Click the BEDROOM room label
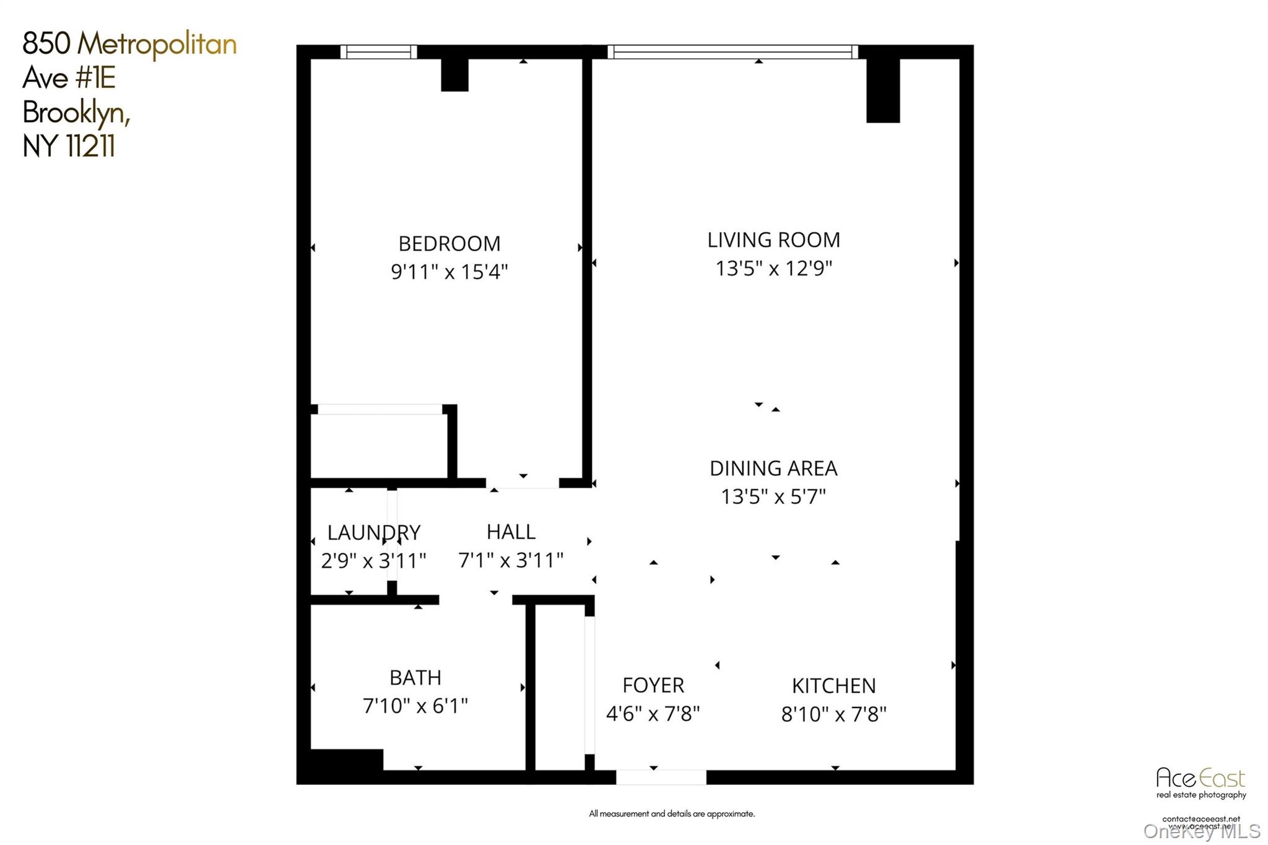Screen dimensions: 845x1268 tap(449, 243)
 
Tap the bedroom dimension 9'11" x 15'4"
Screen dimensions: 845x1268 tap(449, 272)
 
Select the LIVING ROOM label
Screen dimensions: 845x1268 tap(773, 240)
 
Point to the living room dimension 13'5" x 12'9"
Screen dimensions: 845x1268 tap(773, 268)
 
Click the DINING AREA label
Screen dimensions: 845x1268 tap(773, 468)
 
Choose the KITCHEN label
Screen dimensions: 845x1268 tap(833, 685)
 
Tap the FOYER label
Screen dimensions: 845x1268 tap(653, 685)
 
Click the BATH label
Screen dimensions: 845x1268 tap(415, 677)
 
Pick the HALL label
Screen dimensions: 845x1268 tap(511, 531)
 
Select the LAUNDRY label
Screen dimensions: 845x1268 tap(373, 532)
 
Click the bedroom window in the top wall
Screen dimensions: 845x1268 tap(378, 52)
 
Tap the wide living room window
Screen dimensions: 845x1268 tap(732, 52)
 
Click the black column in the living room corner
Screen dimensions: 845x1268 tap(882, 90)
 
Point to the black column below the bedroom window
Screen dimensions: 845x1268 tap(454, 75)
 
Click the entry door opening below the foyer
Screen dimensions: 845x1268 tap(661, 777)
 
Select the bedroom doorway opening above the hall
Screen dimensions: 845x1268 tap(523, 483)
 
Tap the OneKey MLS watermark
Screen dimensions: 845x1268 tap(1201, 831)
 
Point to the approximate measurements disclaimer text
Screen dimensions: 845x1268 tap(672, 813)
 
